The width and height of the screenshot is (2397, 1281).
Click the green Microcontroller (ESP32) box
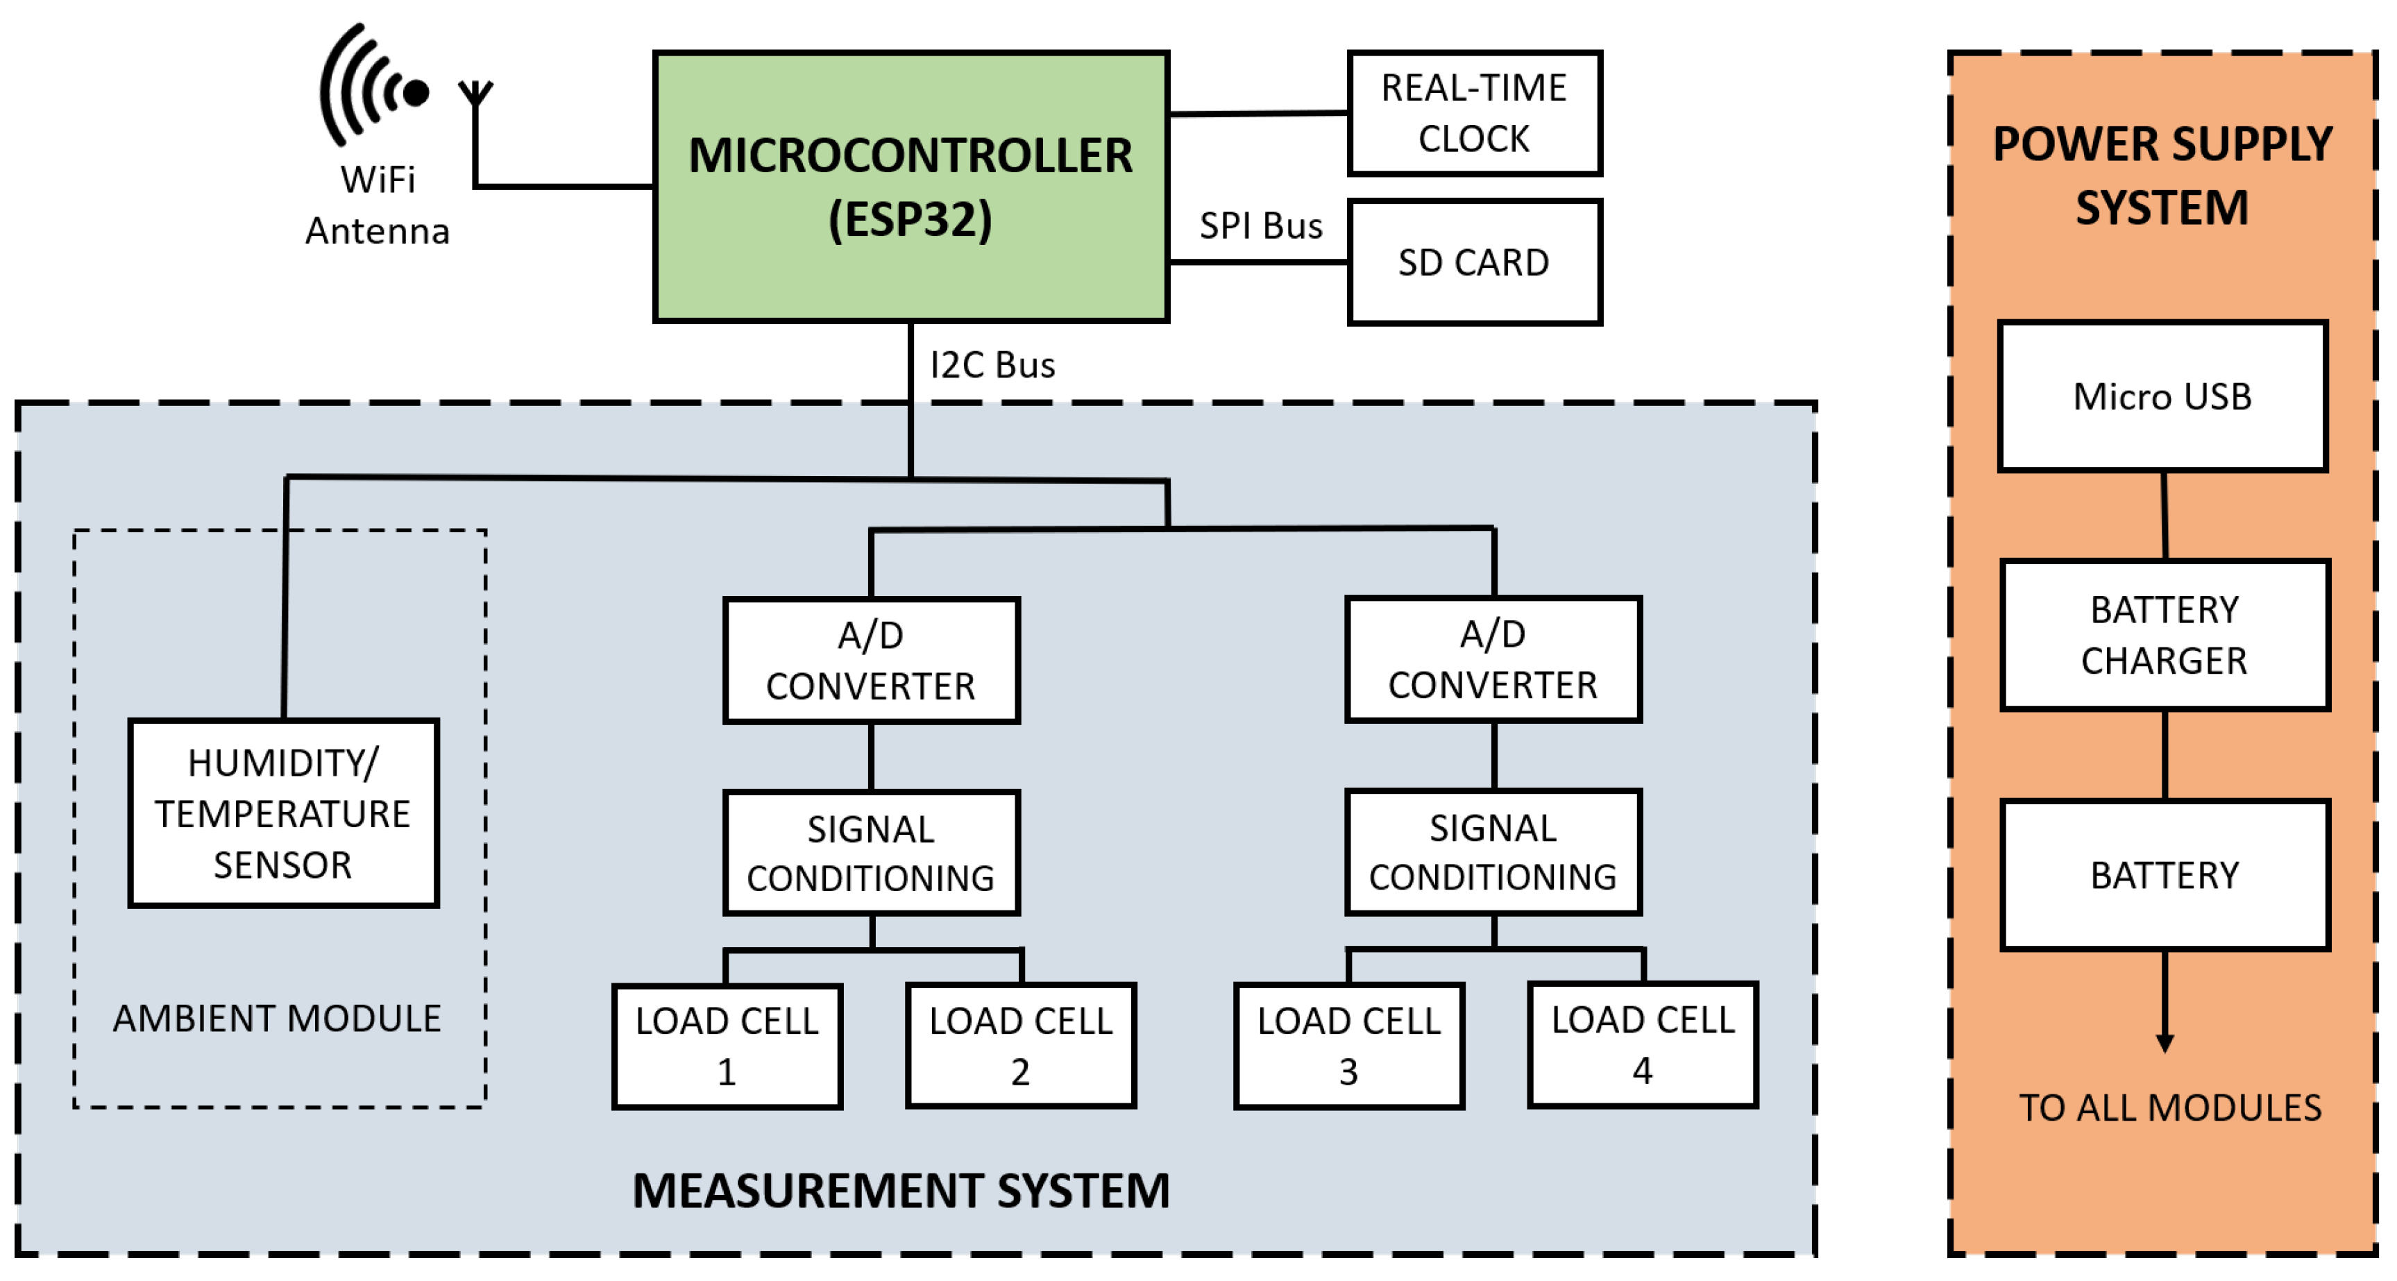coord(910,186)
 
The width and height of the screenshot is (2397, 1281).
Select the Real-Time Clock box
coord(1474,114)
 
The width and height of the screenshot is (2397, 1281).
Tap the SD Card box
coord(1474,262)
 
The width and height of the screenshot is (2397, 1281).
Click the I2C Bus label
coord(992,366)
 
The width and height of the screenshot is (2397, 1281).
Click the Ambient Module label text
coord(276,1018)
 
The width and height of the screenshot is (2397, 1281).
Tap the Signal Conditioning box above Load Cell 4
coord(1493,852)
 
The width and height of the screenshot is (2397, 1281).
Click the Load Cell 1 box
coord(727,1046)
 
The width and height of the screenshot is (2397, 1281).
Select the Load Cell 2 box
coord(1021,1046)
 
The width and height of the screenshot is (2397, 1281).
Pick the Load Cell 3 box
coord(1348,1046)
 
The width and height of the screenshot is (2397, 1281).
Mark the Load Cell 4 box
coord(1643,1044)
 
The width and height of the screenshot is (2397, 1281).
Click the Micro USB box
coord(2162,397)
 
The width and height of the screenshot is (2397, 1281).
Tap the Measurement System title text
coord(900,1191)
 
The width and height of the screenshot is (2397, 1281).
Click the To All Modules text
coord(2169,1107)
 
